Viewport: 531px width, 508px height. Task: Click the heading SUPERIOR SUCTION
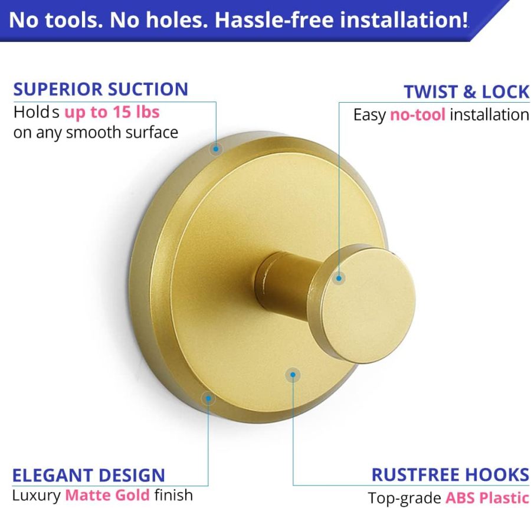(x=100, y=89)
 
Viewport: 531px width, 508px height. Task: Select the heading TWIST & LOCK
(x=466, y=92)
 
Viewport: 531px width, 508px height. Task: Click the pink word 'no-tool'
(x=417, y=114)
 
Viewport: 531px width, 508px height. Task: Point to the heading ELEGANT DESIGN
(x=88, y=475)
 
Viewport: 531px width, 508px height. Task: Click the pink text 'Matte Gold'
(x=107, y=494)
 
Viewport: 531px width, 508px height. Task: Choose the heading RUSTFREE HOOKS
(x=450, y=474)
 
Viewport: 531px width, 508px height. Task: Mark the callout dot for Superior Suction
(x=216, y=149)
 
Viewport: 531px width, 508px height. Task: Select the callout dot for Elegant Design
(x=208, y=398)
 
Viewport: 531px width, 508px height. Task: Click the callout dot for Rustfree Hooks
(x=293, y=374)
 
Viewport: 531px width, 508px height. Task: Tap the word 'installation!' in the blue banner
(x=401, y=21)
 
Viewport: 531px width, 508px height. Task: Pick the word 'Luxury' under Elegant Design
(x=37, y=494)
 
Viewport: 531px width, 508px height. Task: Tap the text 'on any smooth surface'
(x=96, y=132)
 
